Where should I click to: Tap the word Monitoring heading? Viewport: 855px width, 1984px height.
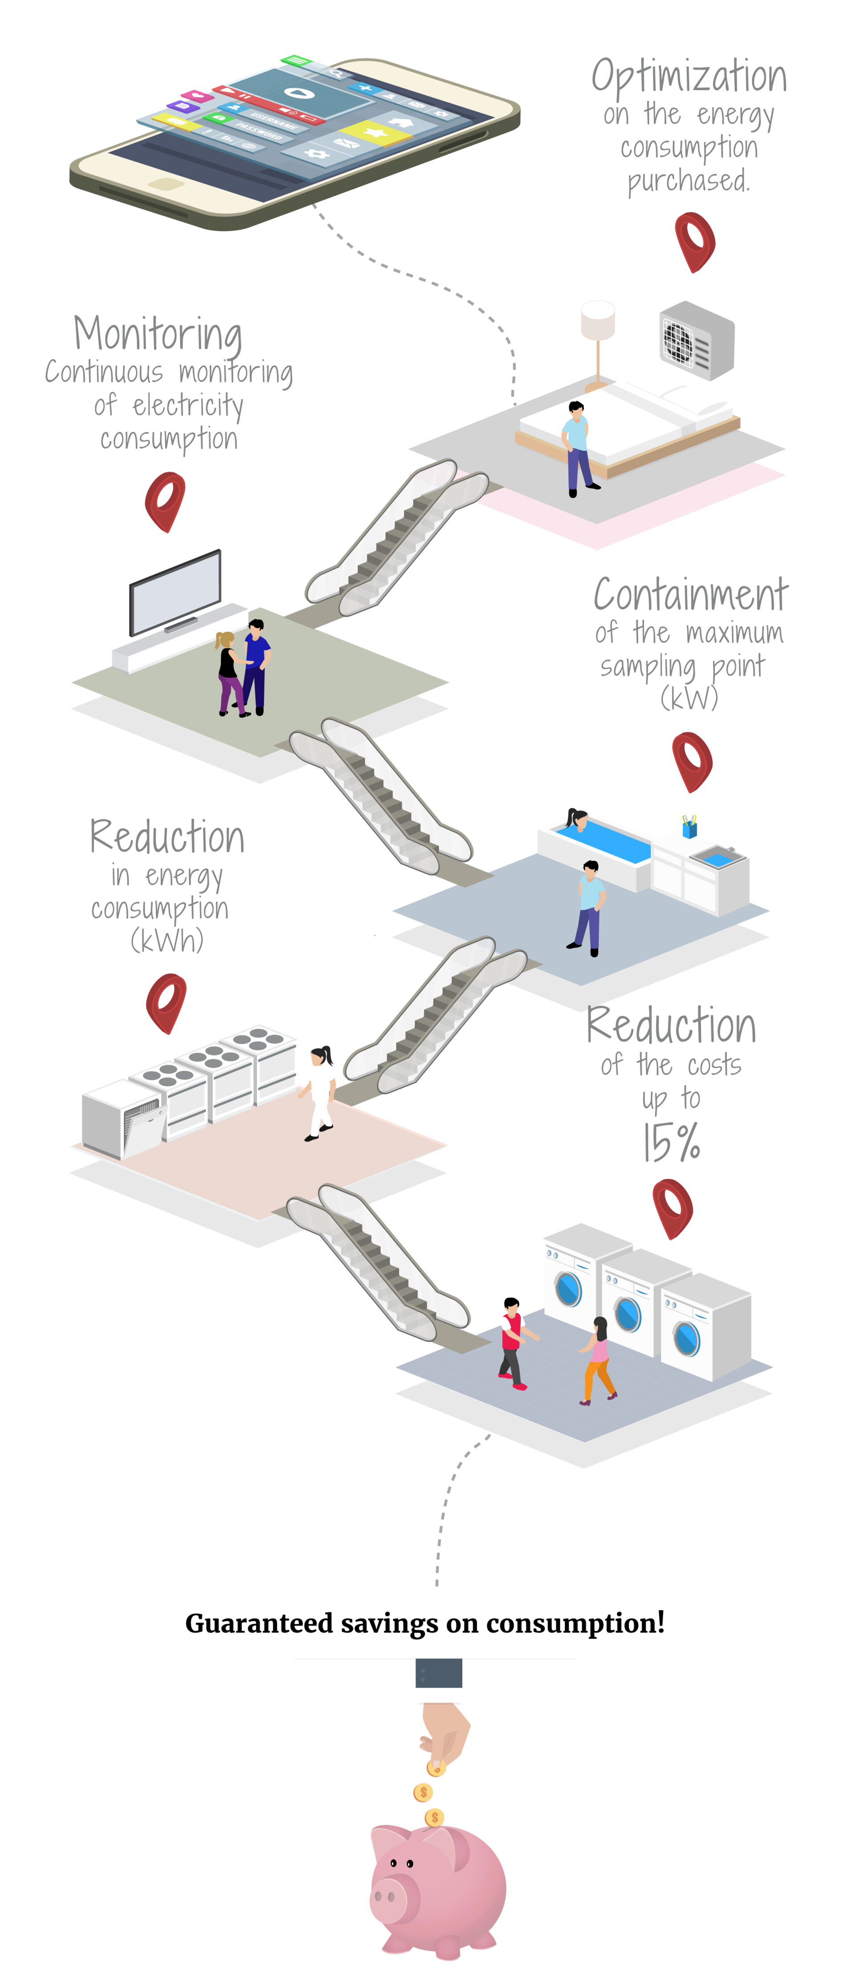[x=158, y=335]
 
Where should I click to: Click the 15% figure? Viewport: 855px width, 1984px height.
[x=672, y=1142]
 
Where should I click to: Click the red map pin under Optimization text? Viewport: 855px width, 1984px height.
[x=695, y=243]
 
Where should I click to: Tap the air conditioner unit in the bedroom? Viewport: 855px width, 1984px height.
[x=697, y=341]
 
